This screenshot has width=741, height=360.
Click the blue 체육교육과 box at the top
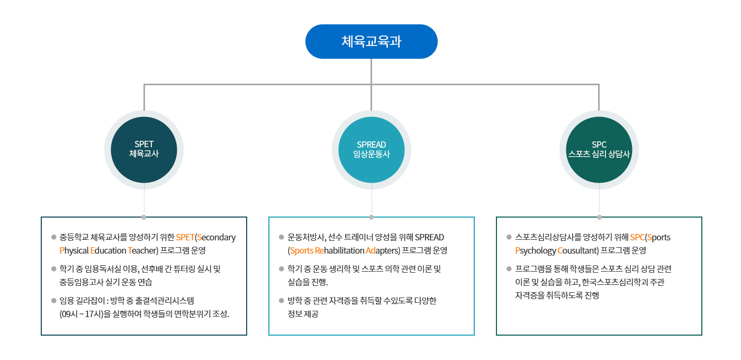[371, 41]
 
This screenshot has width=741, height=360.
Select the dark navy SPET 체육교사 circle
[144, 149]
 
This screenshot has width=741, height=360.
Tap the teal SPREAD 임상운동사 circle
[371, 149]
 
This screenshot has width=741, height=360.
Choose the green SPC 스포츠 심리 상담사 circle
[599, 149]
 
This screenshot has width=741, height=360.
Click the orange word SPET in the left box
[185, 237]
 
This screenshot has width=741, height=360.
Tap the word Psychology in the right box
[536, 250]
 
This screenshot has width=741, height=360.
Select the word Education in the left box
[108, 250]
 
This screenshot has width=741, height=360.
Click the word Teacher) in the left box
[143, 250]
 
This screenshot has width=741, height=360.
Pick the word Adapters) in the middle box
[383, 250]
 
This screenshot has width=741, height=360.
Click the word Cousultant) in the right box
[578, 250]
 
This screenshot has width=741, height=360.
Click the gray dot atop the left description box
[144, 217]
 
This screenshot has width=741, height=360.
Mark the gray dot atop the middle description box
[371, 217]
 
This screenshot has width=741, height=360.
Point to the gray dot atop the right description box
[599, 217]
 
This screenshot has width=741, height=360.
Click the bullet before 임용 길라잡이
[53, 301]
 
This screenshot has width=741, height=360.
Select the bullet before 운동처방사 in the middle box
[281, 237]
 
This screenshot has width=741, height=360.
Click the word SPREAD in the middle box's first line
[429, 237]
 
